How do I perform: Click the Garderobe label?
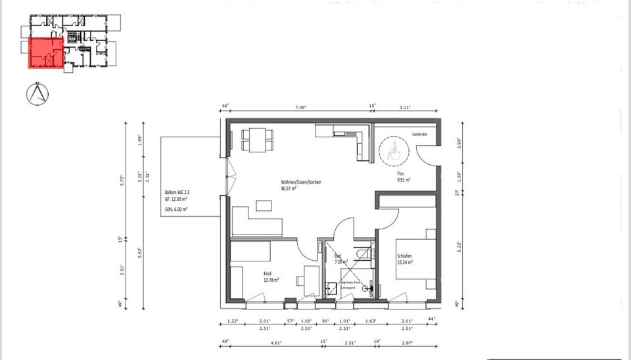tap(420, 134)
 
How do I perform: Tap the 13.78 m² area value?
tap(271, 280)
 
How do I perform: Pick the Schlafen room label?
tap(404, 256)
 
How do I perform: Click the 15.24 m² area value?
tap(405, 263)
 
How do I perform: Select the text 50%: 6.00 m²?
tap(177, 209)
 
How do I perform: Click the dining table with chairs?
tap(257, 138)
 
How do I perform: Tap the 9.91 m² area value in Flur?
tap(404, 179)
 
